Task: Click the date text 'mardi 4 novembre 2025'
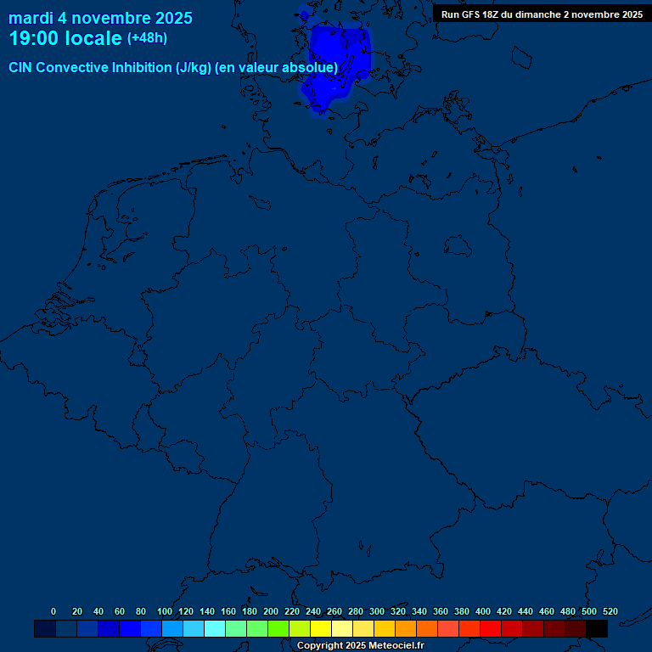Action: click(100, 18)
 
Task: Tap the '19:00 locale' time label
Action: click(65, 38)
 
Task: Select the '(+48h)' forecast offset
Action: click(147, 38)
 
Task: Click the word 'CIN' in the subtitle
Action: click(20, 67)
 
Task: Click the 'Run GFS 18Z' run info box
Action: click(542, 14)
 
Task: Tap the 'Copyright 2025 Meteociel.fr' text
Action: click(360, 645)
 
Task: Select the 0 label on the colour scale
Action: click(53, 611)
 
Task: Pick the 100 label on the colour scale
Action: click(165, 611)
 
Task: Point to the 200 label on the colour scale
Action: click(271, 611)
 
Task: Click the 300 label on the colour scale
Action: click(377, 611)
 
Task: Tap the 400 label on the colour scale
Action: click(483, 611)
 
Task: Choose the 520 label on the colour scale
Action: click(610, 611)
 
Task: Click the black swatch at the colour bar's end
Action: click(597, 628)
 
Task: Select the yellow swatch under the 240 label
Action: click(321, 628)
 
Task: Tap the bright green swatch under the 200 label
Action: click(278, 628)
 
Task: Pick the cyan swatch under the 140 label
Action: click(215, 628)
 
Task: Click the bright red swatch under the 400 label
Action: click(491, 628)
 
